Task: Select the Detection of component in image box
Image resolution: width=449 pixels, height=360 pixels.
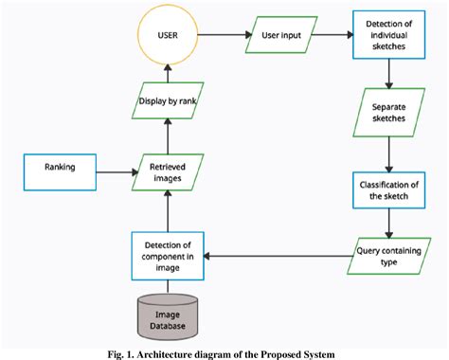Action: (x=168, y=255)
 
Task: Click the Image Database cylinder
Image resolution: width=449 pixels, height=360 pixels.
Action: (x=168, y=315)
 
